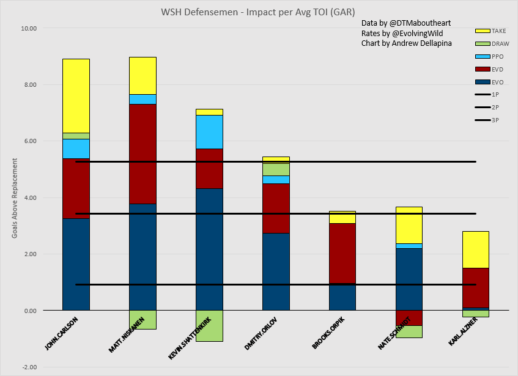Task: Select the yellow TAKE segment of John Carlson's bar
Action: (x=76, y=95)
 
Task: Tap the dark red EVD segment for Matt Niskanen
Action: (x=142, y=153)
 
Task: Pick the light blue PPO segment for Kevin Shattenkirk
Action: (x=209, y=131)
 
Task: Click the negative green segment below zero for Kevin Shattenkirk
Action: (x=209, y=325)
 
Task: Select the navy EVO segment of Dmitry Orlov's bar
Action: (x=276, y=271)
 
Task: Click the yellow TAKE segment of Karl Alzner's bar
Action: (x=475, y=249)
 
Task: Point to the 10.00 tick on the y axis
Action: (x=29, y=28)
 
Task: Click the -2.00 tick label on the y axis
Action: (x=29, y=367)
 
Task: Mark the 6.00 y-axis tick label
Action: (x=29, y=141)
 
